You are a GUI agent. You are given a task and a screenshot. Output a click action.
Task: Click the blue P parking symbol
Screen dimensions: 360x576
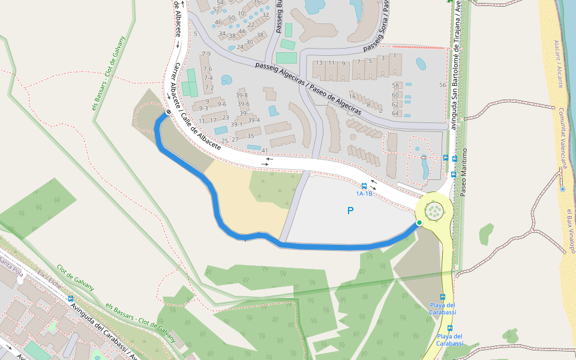click(x=350, y=211)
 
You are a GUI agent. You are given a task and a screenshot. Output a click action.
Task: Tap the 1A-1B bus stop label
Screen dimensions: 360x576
click(x=364, y=194)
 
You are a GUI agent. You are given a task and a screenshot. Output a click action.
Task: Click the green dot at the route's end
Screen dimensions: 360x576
click(x=419, y=223)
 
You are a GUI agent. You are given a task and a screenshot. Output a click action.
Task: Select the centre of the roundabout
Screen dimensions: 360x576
click(x=433, y=211)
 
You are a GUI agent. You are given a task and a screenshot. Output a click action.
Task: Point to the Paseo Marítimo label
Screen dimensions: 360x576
click(x=463, y=172)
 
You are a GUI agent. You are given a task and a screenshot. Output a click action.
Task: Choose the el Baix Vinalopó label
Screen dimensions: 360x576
click(x=570, y=231)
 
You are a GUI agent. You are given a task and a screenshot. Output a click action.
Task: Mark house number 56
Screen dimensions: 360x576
click(x=443, y=85)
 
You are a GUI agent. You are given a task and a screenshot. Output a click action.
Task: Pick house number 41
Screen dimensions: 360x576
click(x=265, y=151)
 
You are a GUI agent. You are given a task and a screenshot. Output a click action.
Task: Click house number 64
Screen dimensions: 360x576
click(x=395, y=113)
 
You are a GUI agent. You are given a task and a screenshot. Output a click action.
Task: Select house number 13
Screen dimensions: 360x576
click(x=319, y=63)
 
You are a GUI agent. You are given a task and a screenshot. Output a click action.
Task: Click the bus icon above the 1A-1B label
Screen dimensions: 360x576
click(x=364, y=186)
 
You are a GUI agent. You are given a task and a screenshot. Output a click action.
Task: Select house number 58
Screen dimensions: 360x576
click(x=395, y=85)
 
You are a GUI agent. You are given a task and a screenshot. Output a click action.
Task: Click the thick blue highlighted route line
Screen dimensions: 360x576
click(x=218, y=210)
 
